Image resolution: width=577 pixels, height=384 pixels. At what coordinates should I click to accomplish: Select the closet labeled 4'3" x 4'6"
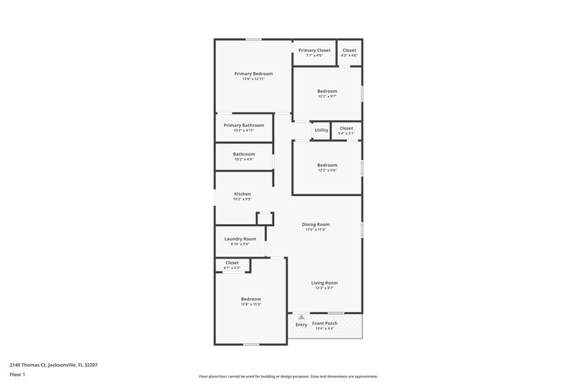tap(349, 53)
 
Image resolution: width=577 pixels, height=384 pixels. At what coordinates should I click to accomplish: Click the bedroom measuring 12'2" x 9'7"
tap(327, 94)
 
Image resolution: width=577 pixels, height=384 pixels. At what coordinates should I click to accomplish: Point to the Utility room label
tap(321, 130)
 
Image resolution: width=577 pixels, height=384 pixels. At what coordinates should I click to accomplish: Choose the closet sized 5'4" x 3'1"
tap(346, 130)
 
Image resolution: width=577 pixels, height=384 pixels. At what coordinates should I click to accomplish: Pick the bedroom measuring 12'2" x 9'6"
tap(327, 168)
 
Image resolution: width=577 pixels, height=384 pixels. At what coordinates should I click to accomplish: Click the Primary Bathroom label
tap(244, 128)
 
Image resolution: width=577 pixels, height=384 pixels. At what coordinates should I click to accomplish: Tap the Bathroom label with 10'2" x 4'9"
tap(244, 156)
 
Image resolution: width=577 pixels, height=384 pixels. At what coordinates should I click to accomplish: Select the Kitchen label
tap(242, 197)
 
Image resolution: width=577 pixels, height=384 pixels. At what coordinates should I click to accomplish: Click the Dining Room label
tap(315, 227)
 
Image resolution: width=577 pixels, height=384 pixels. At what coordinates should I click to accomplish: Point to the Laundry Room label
tap(240, 241)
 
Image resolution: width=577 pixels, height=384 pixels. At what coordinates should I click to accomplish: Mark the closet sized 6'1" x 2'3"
tap(232, 265)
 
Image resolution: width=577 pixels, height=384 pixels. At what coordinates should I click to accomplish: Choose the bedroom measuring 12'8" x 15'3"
tap(250, 301)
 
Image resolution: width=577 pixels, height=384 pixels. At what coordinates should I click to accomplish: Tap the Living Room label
tap(324, 285)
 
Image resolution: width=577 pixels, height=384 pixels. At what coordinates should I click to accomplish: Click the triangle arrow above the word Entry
tap(301, 317)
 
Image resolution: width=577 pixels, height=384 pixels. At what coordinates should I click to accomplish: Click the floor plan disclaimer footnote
tap(288, 376)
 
